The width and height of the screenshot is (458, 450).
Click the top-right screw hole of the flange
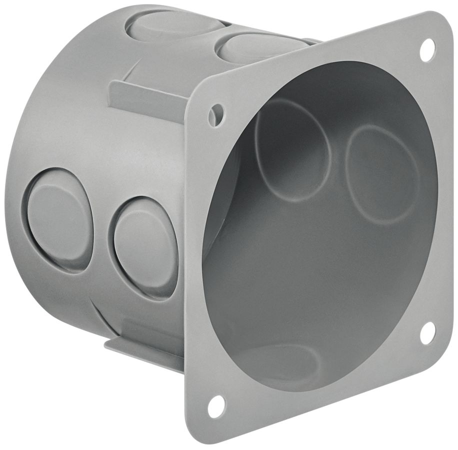(427, 50)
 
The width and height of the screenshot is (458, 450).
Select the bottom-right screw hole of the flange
(427, 333)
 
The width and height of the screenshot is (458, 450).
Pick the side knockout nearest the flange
(145, 247)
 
